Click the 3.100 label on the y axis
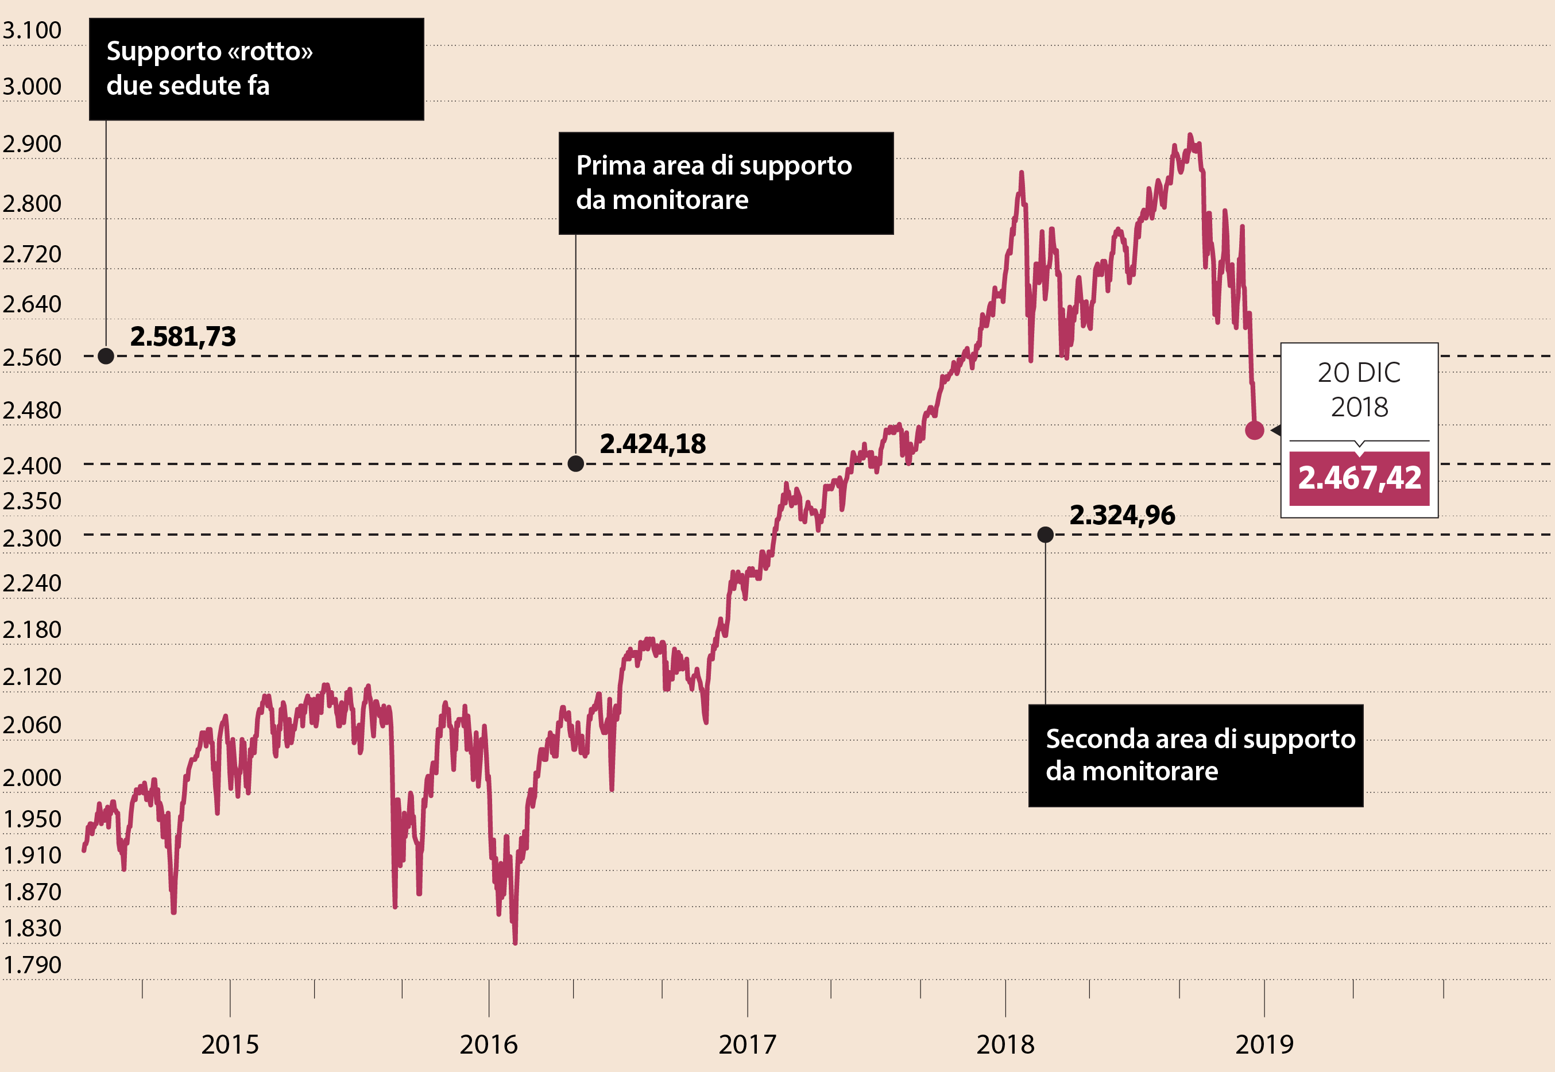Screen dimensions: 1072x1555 click(32, 30)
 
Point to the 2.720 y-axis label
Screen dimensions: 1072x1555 click(32, 254)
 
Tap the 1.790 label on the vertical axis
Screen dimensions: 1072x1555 click(32, 965)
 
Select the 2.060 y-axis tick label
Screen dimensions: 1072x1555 click(32, 725)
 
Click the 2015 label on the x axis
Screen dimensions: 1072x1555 click(230, 1044)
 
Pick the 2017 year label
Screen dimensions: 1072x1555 click(747, 1044)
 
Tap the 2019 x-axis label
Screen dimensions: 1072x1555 click(1264, 1044)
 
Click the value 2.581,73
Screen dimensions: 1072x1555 click(183, 336)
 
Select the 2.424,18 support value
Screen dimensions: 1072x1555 click(652, 444)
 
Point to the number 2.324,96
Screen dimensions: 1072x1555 click(1122, 516)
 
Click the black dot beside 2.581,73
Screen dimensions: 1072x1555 click(106, 356)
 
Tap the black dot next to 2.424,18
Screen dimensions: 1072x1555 click(575, 463)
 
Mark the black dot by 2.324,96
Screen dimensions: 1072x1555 click(1045, 535)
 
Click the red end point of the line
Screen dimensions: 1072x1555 click(1254, 431)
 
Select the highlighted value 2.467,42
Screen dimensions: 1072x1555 click(1359, 478)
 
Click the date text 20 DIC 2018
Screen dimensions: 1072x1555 click(1359, 389)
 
